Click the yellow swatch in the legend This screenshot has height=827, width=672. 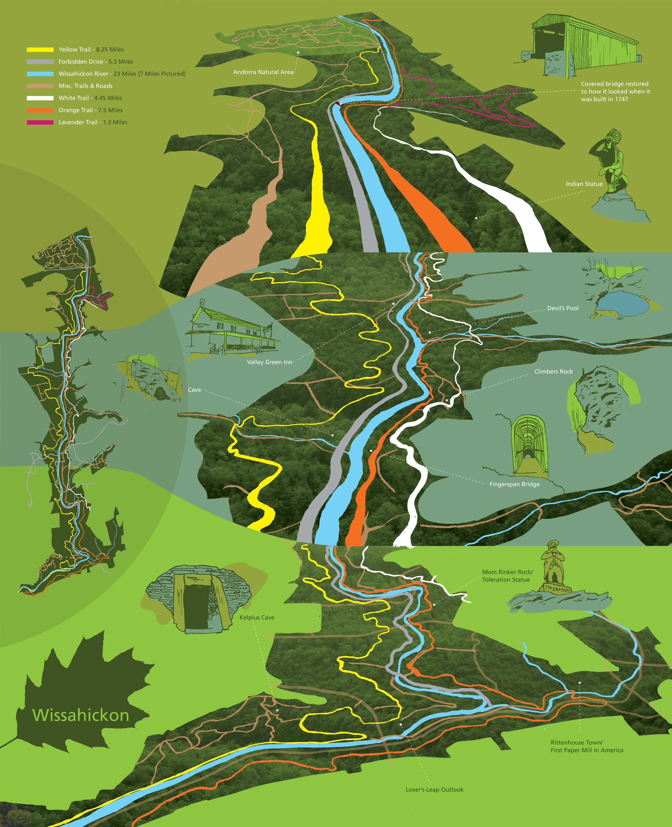pos(40,49)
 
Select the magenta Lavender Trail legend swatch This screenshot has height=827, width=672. pos(40,122)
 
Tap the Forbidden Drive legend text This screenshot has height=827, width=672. pos(96,61)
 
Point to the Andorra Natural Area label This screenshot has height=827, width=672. pos(263,72)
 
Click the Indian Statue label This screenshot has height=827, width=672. pos(584,184)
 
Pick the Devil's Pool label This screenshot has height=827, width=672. pos(562,308)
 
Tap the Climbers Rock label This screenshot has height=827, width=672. pos(553,371)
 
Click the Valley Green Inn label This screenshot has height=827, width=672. pos(269,362)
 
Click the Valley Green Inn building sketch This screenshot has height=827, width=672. pos(228,329)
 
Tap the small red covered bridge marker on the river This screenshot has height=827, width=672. pos(339,104)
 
